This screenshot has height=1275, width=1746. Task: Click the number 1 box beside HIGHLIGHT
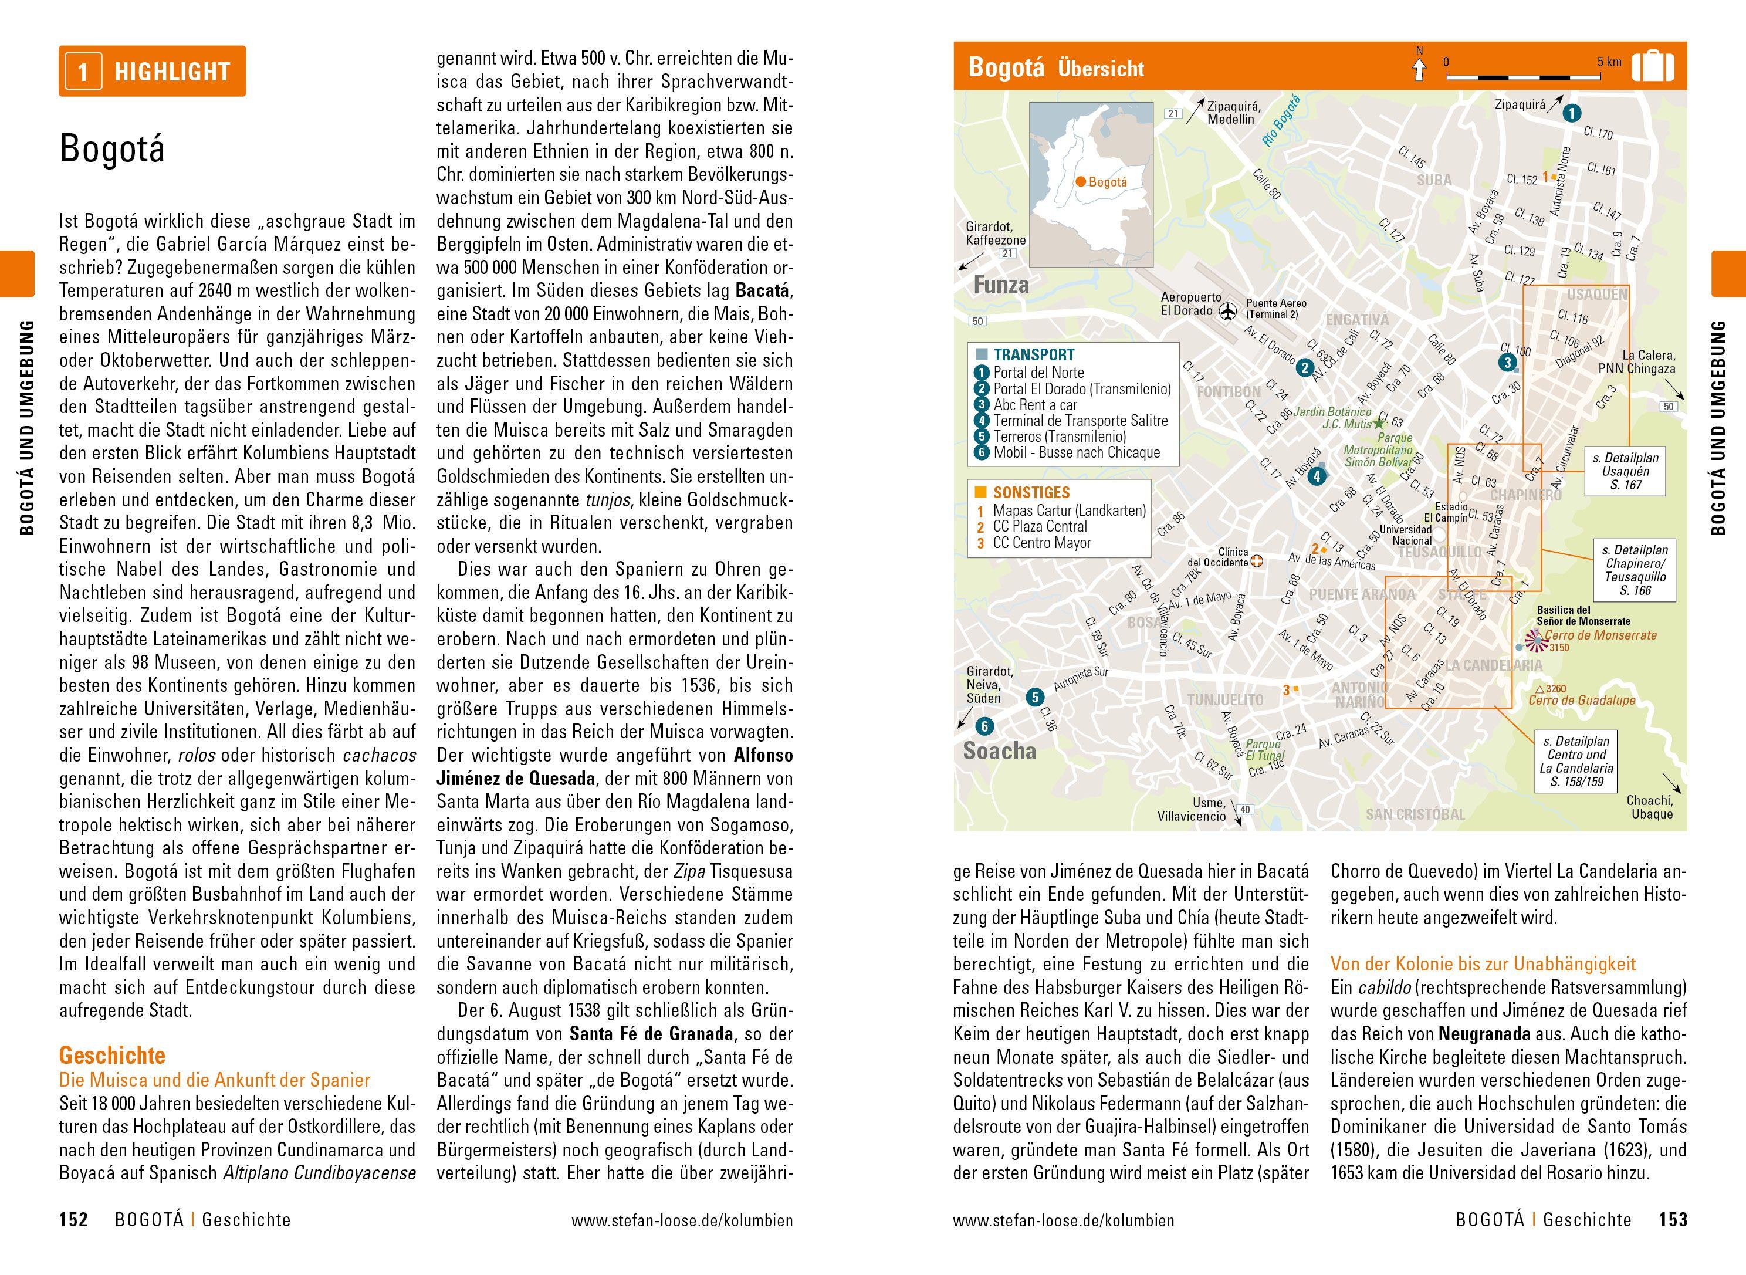pyautogui.click(x=83, y=72)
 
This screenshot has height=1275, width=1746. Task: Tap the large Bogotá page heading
pyautogui.click(x=112, y=149)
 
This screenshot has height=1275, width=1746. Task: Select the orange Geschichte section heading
pyautogui.click(x=112, y=1055)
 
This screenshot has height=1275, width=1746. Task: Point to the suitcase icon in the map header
pyautogui.click(x=1653, y=66)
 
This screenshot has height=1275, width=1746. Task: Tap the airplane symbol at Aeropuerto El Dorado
pyautogui.click(x=1229, y=311)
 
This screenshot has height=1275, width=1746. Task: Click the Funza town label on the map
pyautogui.click(x=1001, y=285)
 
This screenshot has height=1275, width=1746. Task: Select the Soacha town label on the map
pyautogui.click(x=999, y=751)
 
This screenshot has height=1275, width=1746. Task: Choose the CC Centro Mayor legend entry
pyautogui.click(x=1041, y=543)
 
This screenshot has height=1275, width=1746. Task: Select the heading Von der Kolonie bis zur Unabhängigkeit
pyautogui.click(x=1483, y=964)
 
